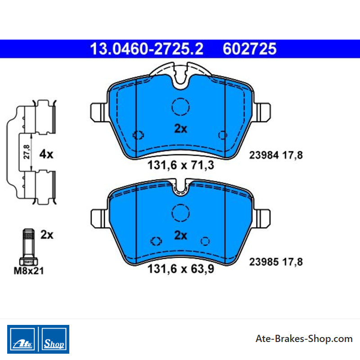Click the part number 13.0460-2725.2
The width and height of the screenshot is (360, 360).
[x=147, y=49]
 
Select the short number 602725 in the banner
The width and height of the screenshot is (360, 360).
[x=250, y=49]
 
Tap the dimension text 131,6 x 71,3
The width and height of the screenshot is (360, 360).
[x=181, y=165]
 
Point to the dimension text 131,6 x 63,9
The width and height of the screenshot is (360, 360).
[x=181, y=269]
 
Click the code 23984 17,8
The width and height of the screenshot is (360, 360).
[x=276, y=155]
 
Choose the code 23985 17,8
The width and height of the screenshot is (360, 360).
[x=276, y=262]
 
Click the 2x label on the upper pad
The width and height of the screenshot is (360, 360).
[x=181, y=129]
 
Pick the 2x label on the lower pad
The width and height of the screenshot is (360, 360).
[x=181, y=235]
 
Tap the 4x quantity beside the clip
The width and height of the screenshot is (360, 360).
[x=46, y=154]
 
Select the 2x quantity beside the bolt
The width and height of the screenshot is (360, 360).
[x=47, y=234]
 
